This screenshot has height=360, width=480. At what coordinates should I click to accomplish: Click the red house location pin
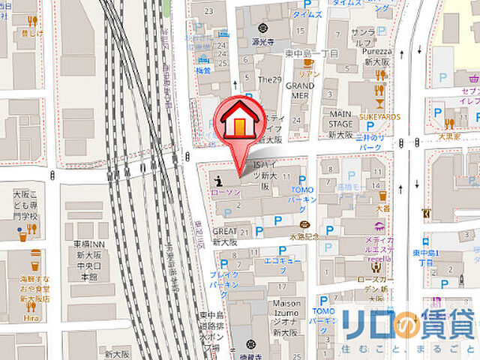238,120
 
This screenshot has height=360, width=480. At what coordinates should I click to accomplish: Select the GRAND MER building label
299,91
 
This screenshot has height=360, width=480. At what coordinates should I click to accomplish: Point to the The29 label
268,79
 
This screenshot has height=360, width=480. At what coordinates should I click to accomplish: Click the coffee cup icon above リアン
307,63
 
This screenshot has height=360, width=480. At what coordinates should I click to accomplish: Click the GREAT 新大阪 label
225,237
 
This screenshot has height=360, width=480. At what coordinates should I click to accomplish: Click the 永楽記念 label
305,235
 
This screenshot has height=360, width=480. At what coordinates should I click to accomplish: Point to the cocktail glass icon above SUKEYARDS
379,104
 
